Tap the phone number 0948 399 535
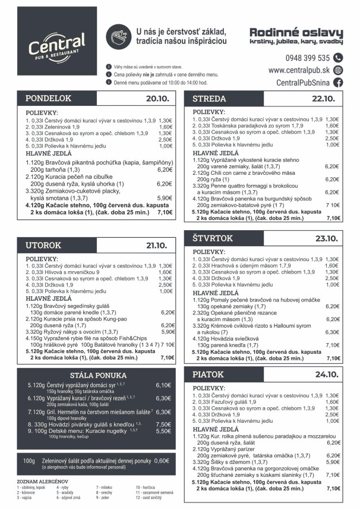307,58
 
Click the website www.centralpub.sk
299,70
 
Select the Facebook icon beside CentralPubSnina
338,83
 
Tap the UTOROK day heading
43,245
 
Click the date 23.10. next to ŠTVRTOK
326,238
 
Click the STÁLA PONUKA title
98,375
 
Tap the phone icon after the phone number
338,58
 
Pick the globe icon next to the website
338,70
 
